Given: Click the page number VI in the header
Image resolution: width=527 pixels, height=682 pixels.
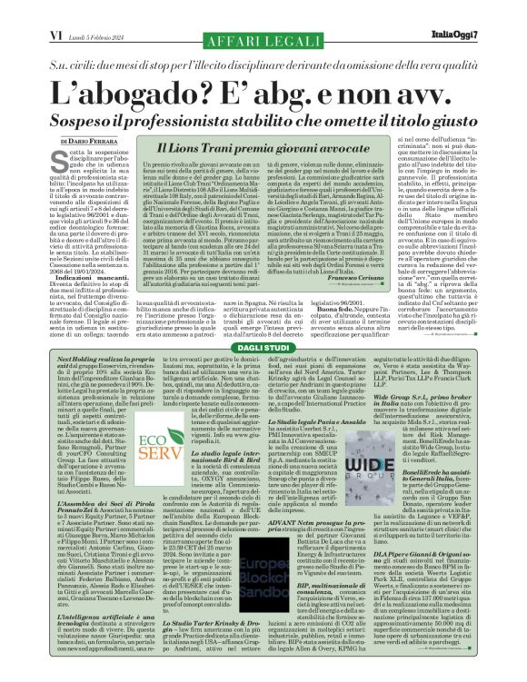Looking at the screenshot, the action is coord(54,10).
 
